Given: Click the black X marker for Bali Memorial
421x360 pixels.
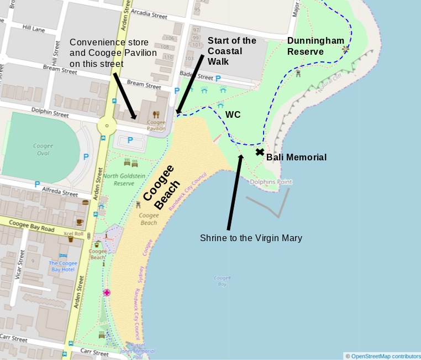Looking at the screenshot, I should coord(260,152).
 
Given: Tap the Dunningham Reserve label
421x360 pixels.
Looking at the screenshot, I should coord(315,46).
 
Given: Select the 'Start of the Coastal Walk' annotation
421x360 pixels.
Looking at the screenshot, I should coord(231,51).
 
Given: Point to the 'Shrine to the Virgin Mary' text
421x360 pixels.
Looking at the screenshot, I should coord(251,238).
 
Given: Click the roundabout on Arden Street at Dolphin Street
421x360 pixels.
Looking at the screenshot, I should coord(106,126).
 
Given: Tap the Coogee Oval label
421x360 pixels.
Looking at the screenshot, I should coord(43,149).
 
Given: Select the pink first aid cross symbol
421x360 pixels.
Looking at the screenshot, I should coord(106,292).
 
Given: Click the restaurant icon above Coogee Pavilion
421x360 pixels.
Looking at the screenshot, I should coord(156,114).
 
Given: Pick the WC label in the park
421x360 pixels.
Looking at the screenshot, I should coord(233,114).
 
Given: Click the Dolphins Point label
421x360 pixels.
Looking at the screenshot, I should coord(271,182).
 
